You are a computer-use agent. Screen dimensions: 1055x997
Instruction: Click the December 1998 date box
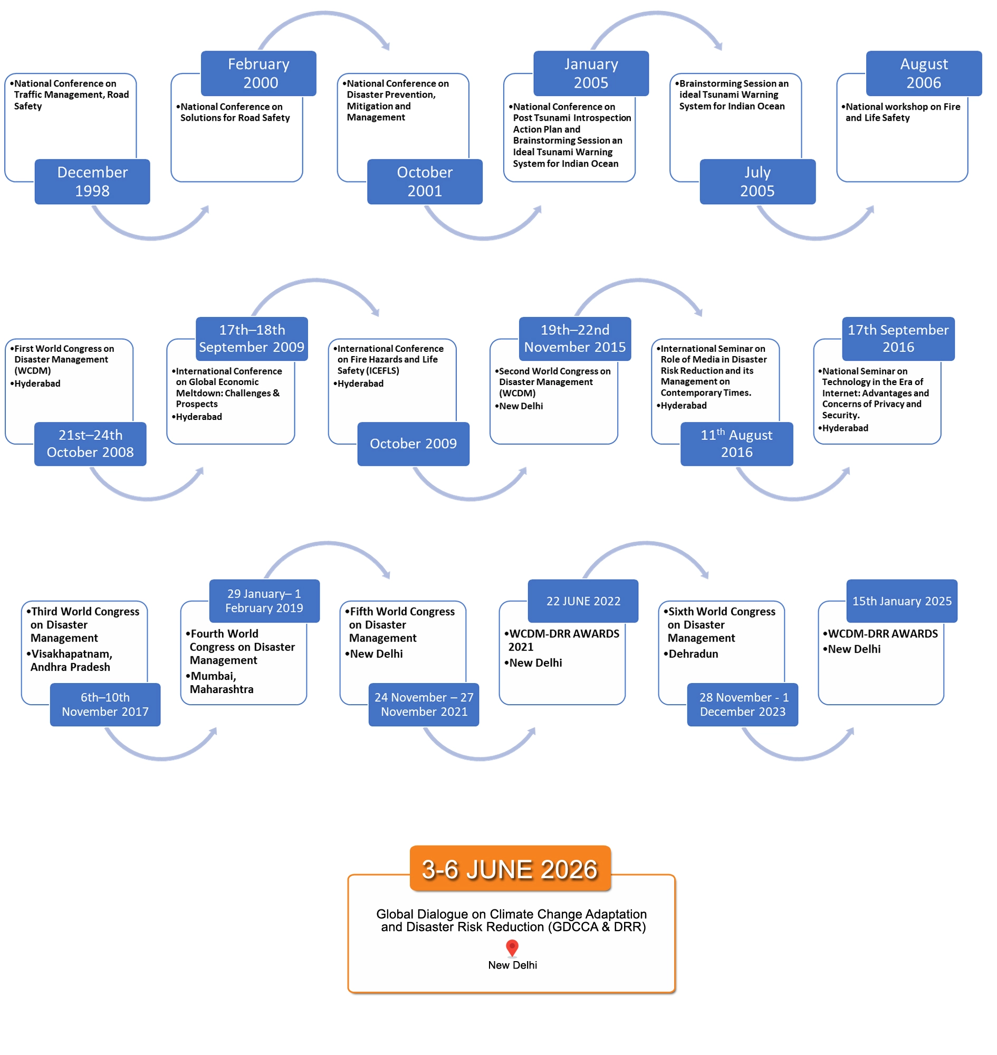pos(92,182)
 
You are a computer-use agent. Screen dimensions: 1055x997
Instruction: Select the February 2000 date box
pos(258,73)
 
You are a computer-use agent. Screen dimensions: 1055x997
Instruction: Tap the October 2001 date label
pos(425,182)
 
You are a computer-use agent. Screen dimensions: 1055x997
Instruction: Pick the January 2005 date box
pos(591,73)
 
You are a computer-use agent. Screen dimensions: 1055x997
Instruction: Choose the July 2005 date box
pos(758,182)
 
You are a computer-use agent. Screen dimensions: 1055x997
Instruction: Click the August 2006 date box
pos(924,73)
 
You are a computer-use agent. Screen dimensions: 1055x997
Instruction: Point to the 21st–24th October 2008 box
pos(90,444)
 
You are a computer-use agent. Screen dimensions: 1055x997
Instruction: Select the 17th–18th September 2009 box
pos(252,339)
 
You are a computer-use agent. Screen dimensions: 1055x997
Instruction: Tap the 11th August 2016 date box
pos(736,444)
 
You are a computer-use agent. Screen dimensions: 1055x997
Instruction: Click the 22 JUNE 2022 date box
pos(583,601)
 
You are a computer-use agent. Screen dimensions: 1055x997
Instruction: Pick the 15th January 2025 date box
pos(902,601)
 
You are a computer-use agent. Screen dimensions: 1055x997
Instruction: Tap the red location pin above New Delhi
pos(512,947)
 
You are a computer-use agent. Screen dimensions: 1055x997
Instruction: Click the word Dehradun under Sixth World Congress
pos(693,654)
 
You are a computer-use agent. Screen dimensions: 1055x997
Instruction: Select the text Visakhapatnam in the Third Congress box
pos(71,654)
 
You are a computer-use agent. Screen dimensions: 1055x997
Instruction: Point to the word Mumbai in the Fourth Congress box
pos(213,676)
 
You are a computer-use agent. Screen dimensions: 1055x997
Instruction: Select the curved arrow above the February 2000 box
pos(324,21)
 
